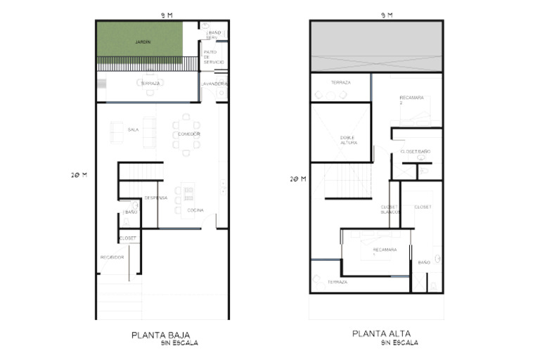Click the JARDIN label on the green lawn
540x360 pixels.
(x=143, y=42)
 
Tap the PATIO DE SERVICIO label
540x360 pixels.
(x=214, y=57)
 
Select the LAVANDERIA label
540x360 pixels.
(x=214, y=84)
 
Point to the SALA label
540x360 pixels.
(x=133, y=129)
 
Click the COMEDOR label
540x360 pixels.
(x=189, y=134)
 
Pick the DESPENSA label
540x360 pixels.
(x=155, y=198)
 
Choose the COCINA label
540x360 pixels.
(x=195, y=210)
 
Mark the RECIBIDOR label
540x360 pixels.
(x=112, y=257)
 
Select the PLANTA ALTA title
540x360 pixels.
(x=381, y=334)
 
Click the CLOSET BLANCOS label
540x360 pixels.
(x=390, y=209)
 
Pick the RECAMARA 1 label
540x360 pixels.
(x=385, y=251)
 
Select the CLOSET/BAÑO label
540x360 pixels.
(x=415, y=151)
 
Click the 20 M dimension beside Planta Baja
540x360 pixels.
(x=79, y=176)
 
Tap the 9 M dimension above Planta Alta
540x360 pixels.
(x=386, y=14)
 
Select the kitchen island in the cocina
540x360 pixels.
(x=188, y=197)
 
